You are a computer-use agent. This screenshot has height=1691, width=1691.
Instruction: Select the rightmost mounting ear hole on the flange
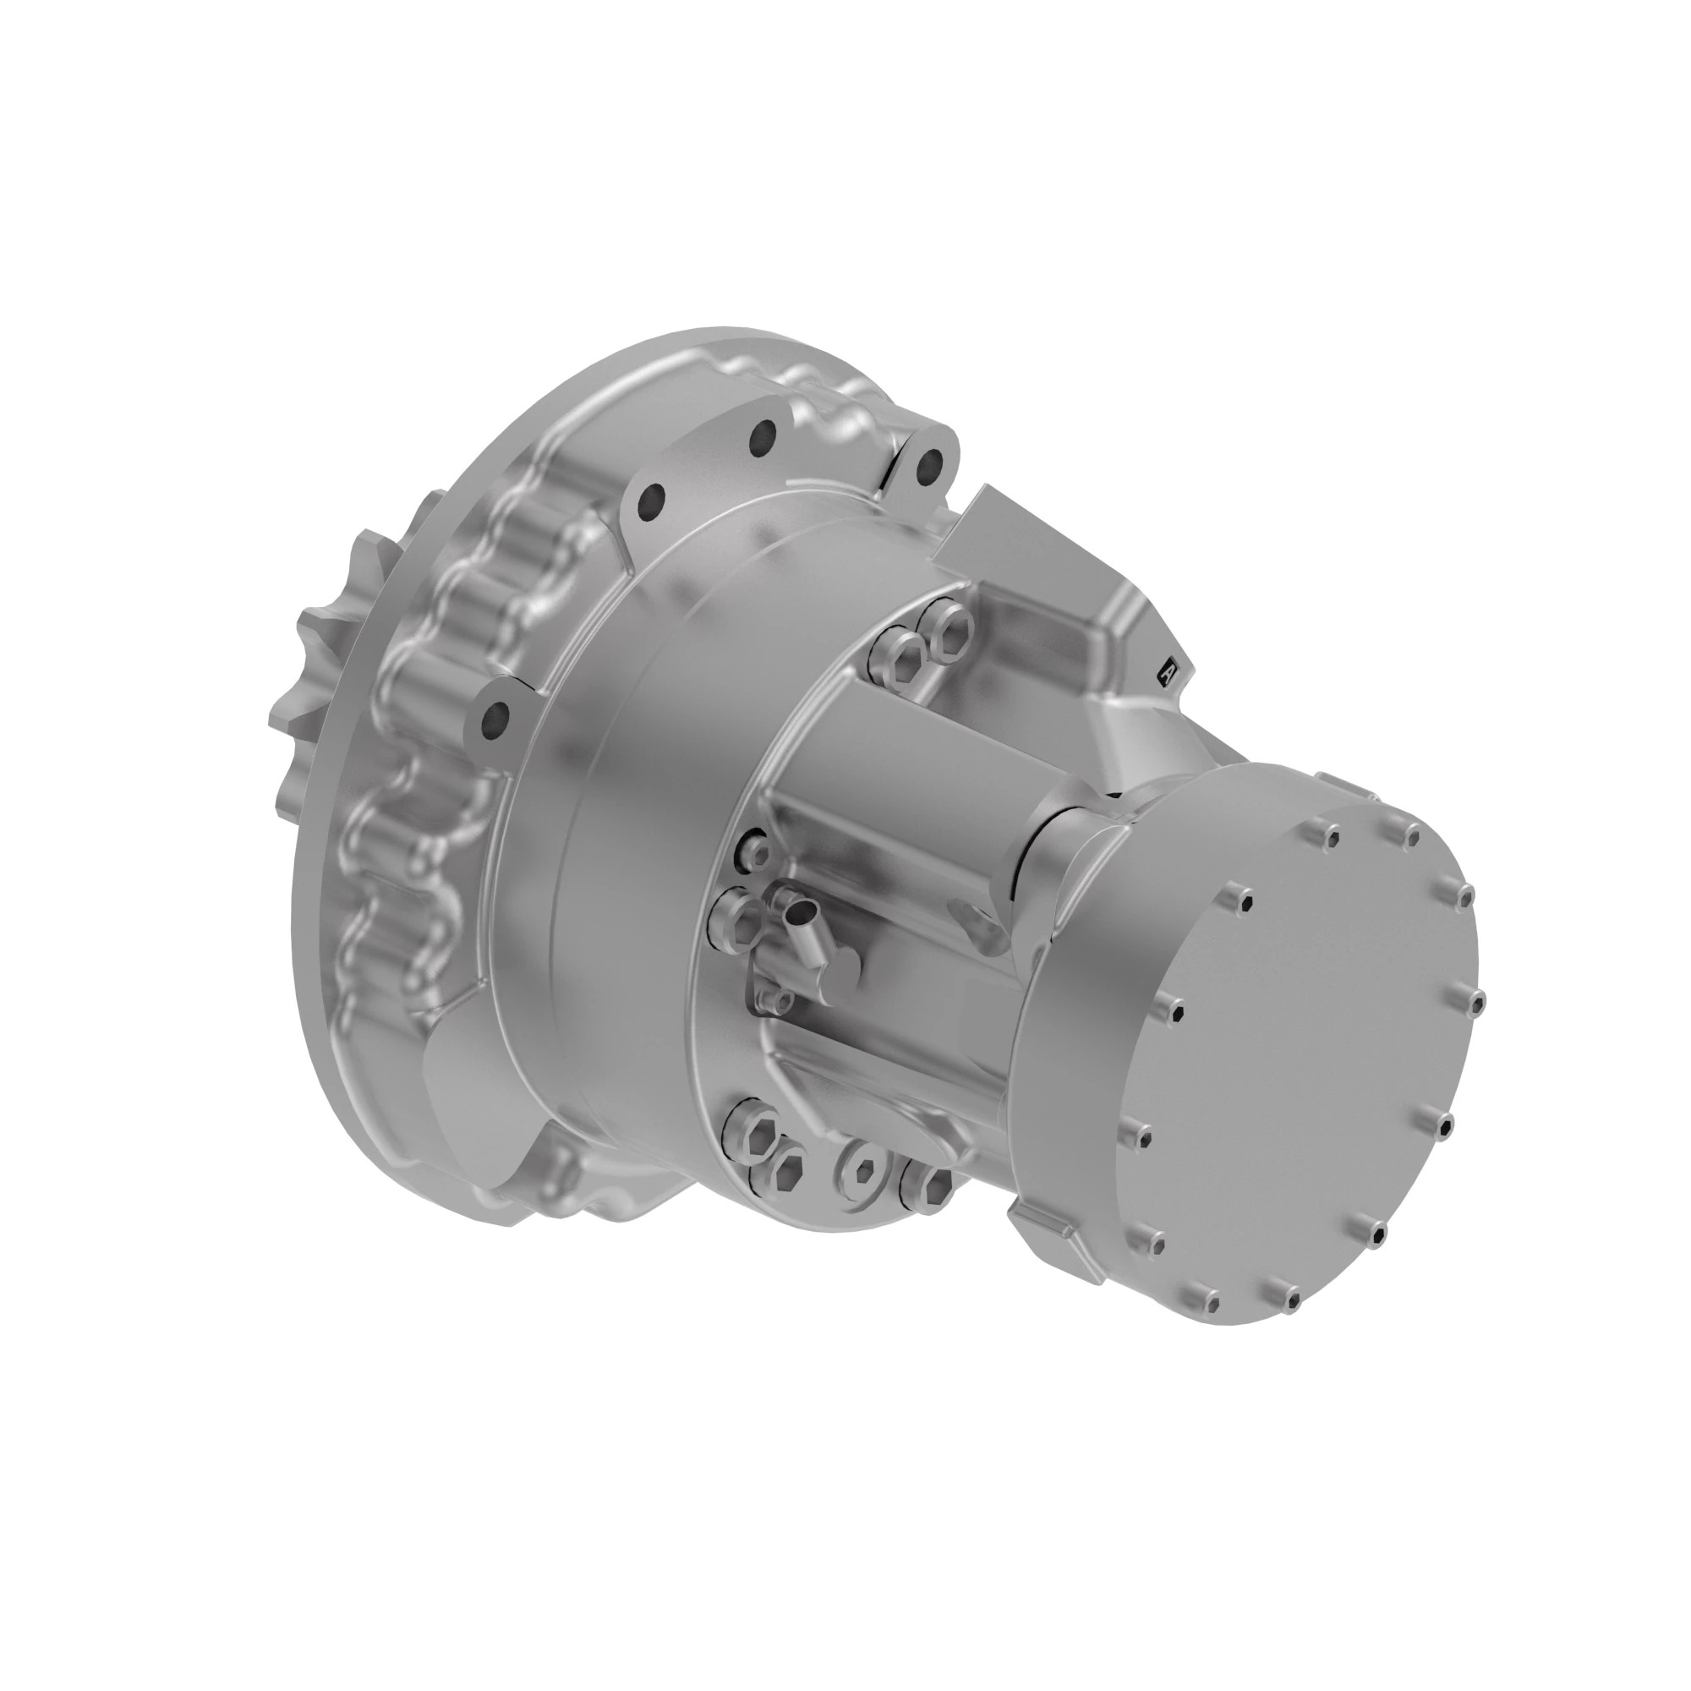pos(930,464)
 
